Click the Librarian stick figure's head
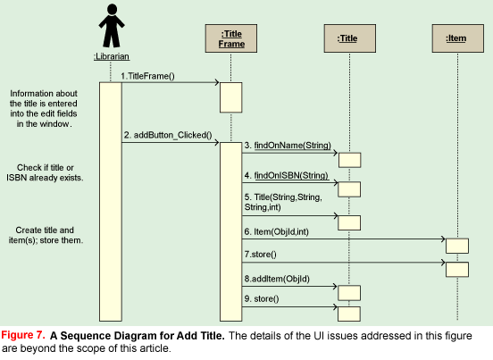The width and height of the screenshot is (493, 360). [x=112, y=9]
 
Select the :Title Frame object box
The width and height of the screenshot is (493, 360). [x=231, y=38]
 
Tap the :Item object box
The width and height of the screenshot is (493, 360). [x=458, y=38]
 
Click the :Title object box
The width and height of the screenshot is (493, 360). [x=349, y=38]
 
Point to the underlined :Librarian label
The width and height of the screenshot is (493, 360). [x=112, y=56]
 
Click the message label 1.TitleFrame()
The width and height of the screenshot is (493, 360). [x=147, y=76]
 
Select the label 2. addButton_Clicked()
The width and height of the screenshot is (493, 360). [x=168, y=135]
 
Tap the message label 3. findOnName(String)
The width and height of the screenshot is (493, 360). [x=288, y=146]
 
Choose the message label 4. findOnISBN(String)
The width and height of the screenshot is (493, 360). [x=287, y=175]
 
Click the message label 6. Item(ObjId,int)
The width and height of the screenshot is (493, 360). [x=277, y=231]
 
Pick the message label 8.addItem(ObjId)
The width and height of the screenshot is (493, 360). [x=277, y=279]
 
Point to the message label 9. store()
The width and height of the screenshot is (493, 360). [x=262, y=298]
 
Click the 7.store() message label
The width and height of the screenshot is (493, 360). [x=260, y=254]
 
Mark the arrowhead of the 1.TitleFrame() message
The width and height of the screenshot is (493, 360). [x=217, y=82]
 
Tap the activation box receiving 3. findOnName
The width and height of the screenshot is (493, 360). [x=349, y=160]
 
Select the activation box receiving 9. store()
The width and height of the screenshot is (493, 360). [x=349, y=314]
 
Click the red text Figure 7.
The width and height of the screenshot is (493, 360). [x=23, y=335]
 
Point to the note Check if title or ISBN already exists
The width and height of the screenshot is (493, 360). [x=45, y=172]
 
